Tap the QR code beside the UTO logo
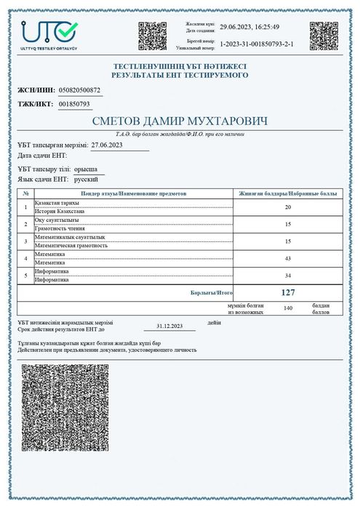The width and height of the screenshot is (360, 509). click(x=153, y=36)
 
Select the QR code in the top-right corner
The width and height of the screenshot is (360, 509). click(x=324, y=36)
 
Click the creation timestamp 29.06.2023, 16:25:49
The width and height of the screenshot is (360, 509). click(x=249, y=27)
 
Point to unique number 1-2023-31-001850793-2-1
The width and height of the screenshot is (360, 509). click(x=256, y=44)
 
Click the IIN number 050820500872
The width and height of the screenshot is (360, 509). click(x=79, y=91)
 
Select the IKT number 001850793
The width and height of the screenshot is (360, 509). click(x=73, y=104)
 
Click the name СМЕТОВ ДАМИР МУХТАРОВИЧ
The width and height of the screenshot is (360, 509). click(x=179, y=121)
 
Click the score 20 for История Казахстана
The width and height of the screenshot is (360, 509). click(x=288, y=208)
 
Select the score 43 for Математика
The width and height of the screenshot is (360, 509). click(x=288, y=258)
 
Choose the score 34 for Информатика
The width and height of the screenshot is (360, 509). click(x=288, y=275)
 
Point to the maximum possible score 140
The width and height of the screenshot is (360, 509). click(x=287, y=308)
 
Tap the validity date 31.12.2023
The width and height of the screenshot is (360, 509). click(x=169, y=326)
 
